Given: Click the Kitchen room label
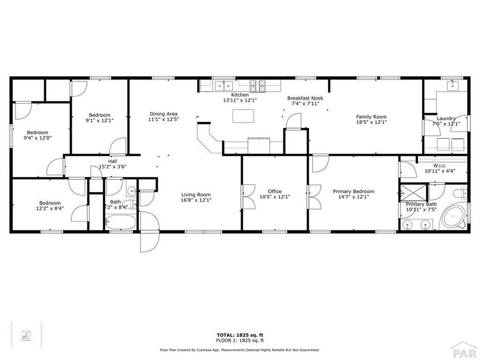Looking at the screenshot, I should [x=239, y=94].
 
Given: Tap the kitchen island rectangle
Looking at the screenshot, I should [x=242, y=115].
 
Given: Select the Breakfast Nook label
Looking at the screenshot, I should [x=305, y=98].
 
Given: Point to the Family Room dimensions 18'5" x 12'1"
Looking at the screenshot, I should [x=371, y=122].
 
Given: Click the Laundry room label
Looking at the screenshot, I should [x=446, y=118].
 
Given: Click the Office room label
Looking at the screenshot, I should [x=275, y=191].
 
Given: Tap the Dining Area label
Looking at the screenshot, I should [x=164, y=114].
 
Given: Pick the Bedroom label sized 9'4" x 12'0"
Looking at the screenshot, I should [x=37, y=132].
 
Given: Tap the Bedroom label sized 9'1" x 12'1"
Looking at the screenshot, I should [x=99, y=115].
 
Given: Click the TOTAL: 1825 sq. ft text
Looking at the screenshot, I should [x=239, y=335].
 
